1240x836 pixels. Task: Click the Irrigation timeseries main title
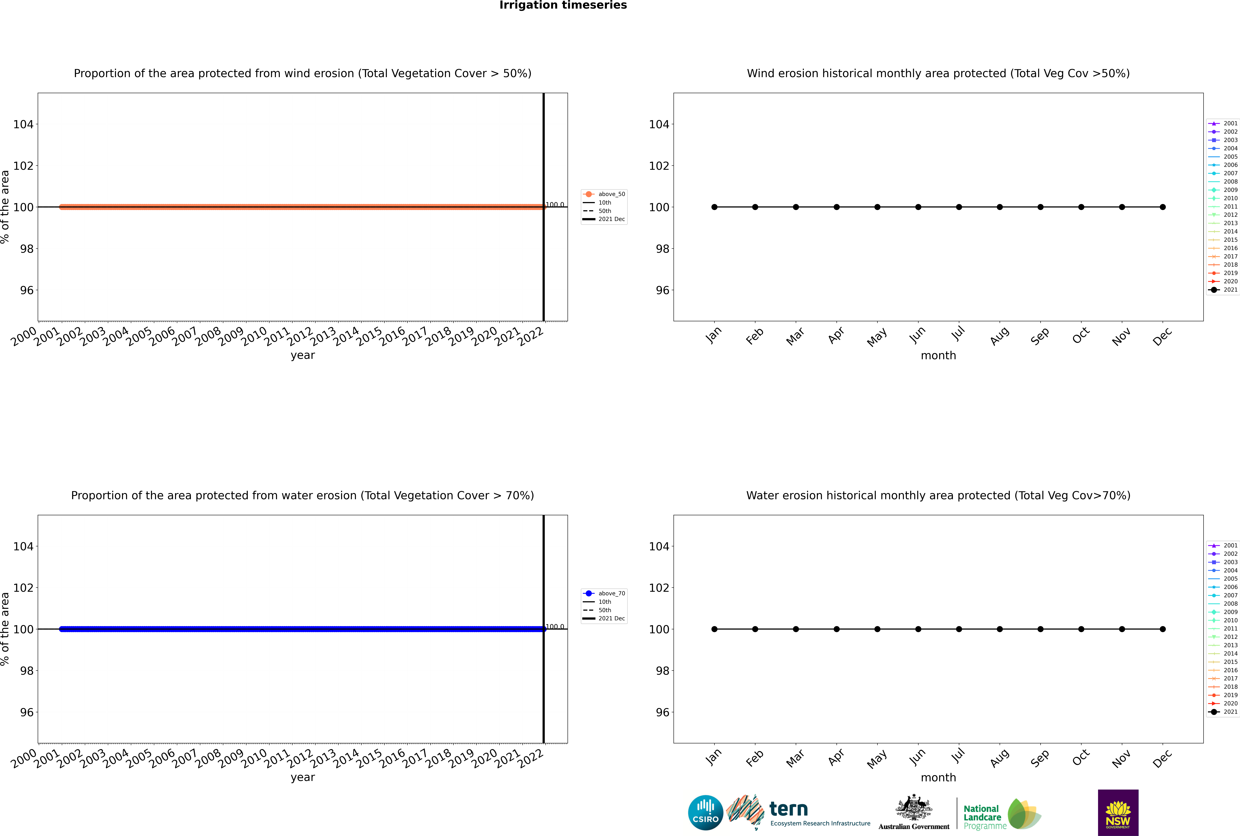click(563, 5)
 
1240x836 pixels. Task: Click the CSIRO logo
click(705, 813)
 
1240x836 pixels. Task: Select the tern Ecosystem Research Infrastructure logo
click(798, 813)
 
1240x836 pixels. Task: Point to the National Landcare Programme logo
click(1001, 814)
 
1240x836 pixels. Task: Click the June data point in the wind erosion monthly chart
click(918, 207)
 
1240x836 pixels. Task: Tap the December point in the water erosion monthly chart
click(1163, 629)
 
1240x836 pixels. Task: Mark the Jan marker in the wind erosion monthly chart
click(714, 207)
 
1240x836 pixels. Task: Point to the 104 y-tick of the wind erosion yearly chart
click(23, 124)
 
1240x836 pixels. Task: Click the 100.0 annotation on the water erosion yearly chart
click(555, 626)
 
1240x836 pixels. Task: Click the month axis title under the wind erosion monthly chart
click(938, 356)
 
